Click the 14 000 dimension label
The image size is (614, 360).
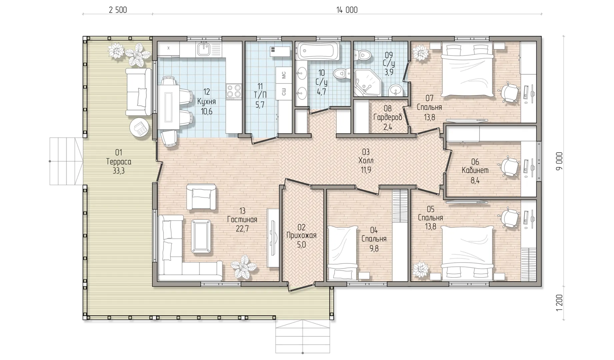[x=347, y=10]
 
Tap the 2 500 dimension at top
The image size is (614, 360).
[x=118, y=10]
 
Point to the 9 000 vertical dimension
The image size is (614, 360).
[x=559, y=161]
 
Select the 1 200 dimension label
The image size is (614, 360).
[x=559, y=303]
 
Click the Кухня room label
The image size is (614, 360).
[x=207, y=101]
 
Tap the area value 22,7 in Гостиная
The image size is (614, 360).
[x=242, y=229]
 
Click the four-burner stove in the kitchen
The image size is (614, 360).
[x=234, y=91]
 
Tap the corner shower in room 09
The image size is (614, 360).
[x=366, y=83]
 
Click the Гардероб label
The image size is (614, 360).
[x=388, y=118]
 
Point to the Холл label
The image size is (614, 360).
[x=366, y=161]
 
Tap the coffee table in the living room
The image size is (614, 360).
[x=201, y=236]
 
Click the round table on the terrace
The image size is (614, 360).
[x=139, y=127]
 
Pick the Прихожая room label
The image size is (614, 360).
[x=302, y=235]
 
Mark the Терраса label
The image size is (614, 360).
[x=119, y=162]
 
